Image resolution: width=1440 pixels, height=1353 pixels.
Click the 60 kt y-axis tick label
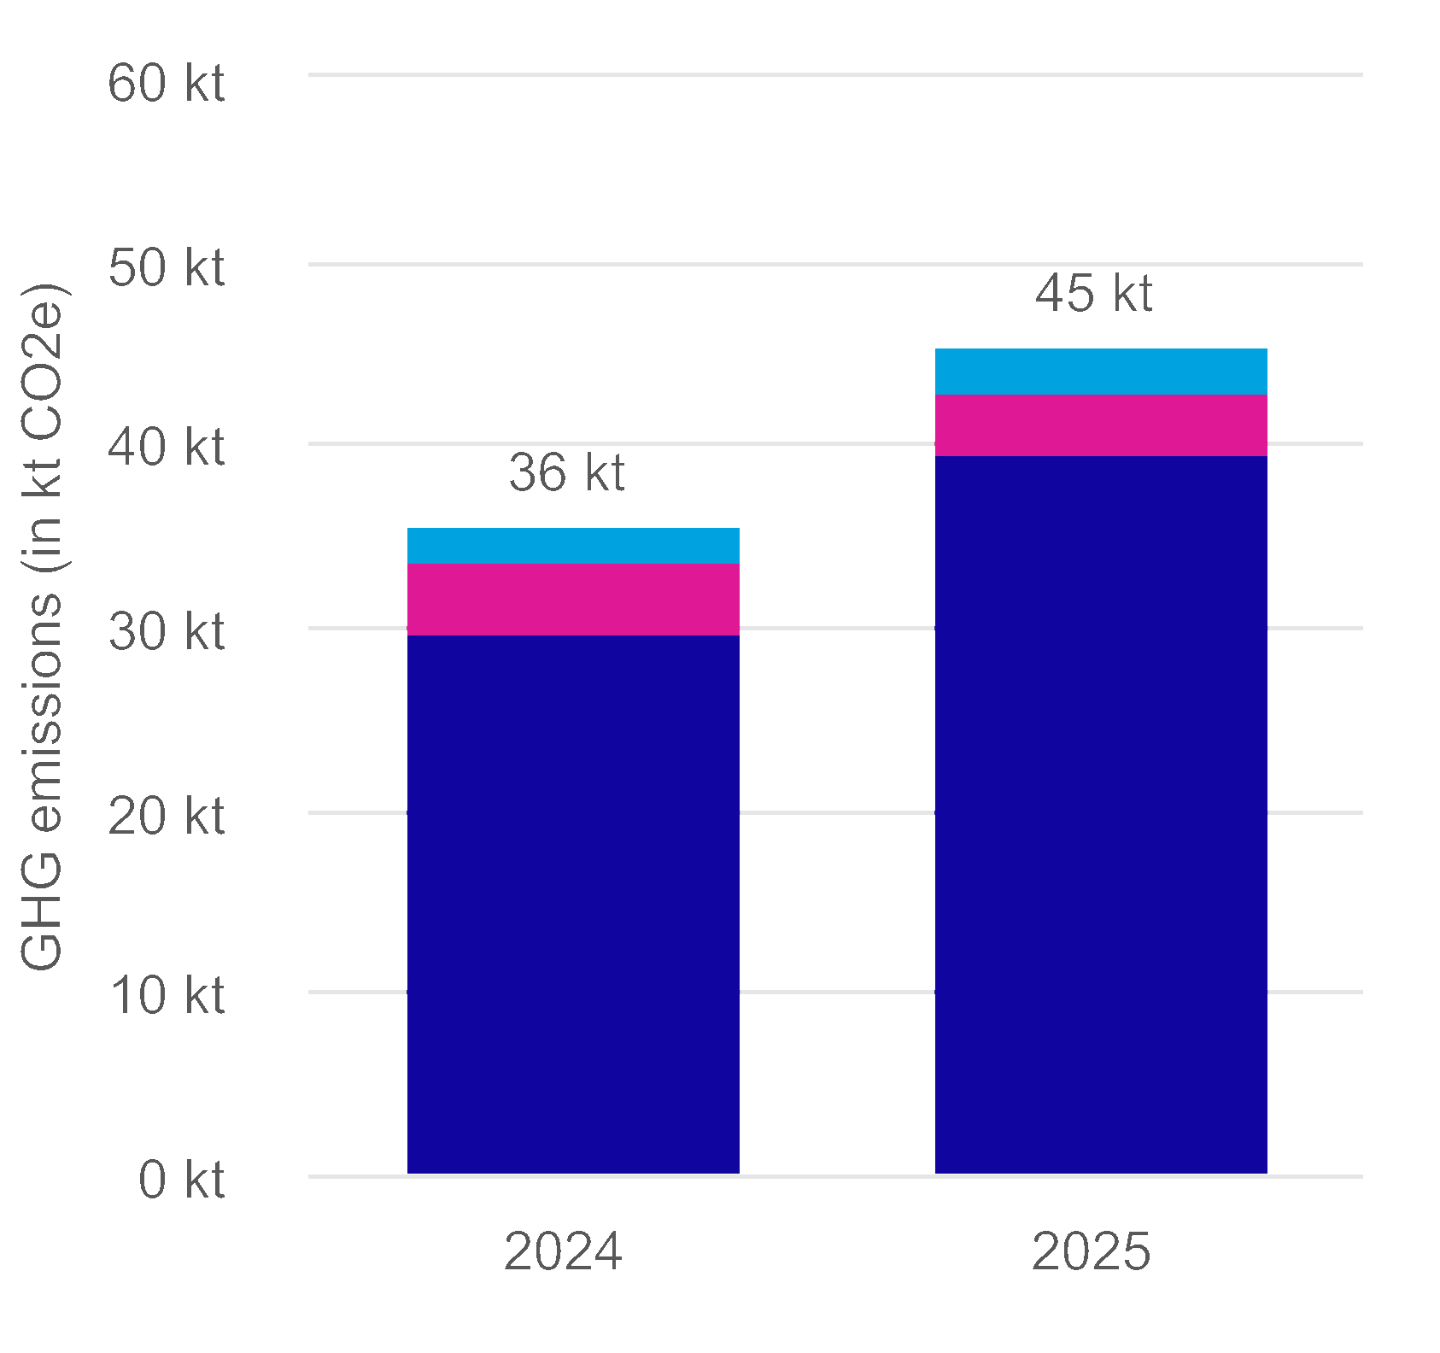click(x=167, y=84)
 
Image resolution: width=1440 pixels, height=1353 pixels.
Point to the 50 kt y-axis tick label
click(x=167, y=268)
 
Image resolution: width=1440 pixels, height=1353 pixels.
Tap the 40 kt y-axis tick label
click(x=167, y=448)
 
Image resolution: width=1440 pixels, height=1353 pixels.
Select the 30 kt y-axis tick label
click(x=167, y=632)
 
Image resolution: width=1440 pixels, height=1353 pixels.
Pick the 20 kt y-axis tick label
click(x=167, y=817)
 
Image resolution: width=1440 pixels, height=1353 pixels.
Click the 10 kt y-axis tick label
click(x=167, y=996)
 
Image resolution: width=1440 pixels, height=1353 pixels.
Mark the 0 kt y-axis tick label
click(x=181, y=1180)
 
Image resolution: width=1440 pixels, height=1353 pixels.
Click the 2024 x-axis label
click(x=563, y=1252)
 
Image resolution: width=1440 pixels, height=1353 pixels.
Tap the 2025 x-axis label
click(x=1092, y=1252)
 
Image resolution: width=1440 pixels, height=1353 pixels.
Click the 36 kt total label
click(x=567, y=472)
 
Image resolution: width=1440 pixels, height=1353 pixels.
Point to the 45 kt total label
click(x=1094, y=293)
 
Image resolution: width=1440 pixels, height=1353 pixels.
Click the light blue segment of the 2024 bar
click(x=573, y=545)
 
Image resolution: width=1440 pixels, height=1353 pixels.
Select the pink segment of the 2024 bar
click(x=573, y=599)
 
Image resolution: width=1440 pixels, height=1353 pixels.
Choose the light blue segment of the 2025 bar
click(x=1101, y=372)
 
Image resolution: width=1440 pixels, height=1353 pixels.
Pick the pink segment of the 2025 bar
click(x=1101, y=425)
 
